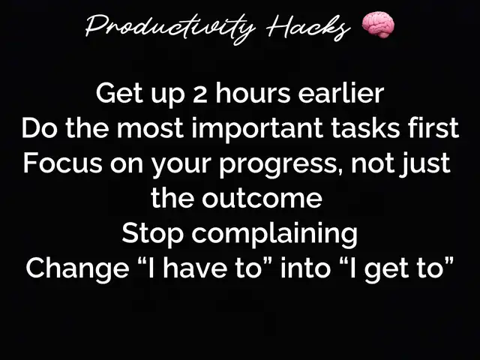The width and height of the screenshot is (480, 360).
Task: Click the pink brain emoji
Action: pos(378,25)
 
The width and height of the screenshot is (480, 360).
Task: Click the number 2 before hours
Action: pos(200,94)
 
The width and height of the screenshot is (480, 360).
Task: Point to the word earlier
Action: pos(341,93)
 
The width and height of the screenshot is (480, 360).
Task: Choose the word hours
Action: pos(253,93)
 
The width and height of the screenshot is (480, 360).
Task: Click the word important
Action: pos(257,128)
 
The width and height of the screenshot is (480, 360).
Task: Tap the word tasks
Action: pos(365,128)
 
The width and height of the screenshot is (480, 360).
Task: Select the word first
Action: pos(433,128)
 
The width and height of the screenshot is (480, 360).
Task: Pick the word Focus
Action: pos(63,163)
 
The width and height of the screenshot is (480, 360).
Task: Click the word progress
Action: pos(277,165)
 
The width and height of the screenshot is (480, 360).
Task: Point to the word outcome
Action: pos(262,199)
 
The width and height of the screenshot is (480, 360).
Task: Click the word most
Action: pos(150,128)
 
